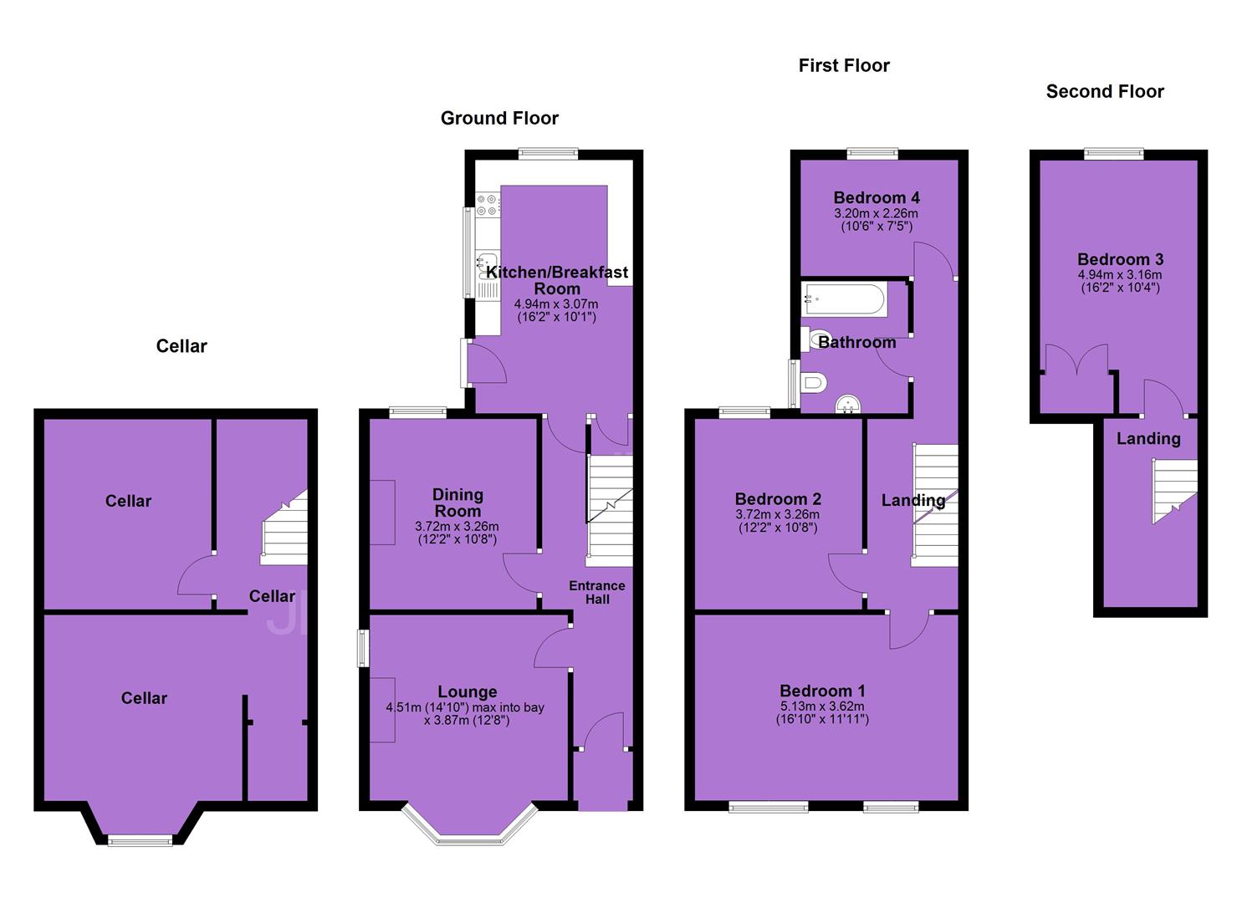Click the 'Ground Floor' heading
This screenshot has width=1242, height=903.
pos(499,118)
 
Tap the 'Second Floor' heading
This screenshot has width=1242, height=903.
pos(1105,91)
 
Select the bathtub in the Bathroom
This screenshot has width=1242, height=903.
pos(843,300)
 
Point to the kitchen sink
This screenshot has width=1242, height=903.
pos(488,265)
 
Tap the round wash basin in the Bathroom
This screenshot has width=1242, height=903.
pos(848,404)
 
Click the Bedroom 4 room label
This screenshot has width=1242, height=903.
pos(876,198)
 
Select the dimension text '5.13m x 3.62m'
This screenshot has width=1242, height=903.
pos(822,707)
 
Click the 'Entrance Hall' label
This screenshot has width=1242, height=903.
pos(596,593)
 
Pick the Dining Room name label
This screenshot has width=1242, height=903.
pos(457,503)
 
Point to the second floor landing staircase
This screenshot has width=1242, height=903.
pos(1175,491)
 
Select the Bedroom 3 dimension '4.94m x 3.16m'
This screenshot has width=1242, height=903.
pos(1120,275)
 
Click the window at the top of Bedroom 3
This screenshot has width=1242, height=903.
pos(1113,154)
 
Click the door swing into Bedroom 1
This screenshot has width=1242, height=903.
pos(909,630)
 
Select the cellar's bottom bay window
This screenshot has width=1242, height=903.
pos(141,841)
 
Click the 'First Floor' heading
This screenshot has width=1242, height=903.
pos(844,66)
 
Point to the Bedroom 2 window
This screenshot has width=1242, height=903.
pos(744,412)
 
